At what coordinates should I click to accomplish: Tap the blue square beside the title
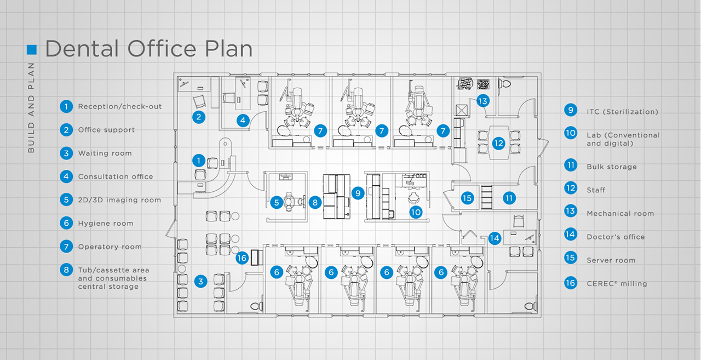tap(32, 49)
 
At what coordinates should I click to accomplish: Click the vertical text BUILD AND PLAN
tap(31, 107)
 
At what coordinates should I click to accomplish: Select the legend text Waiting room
tap(105, 153)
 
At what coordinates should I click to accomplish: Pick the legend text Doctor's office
tap(616, 237)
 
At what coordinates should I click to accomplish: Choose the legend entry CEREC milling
tap(617, 284)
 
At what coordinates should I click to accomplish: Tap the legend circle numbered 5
tap(66, 200)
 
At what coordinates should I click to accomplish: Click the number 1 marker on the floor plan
tap(199, 161)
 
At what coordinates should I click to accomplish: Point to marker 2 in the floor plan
tap(199, 116)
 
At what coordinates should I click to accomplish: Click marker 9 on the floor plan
tap(358, 193)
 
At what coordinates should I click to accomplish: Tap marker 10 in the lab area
tap(416, 212)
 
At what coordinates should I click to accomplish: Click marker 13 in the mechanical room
tap(482, 101)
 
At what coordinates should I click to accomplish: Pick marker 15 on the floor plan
tap(467, 198)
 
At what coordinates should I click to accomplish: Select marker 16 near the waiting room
tap(243, 258)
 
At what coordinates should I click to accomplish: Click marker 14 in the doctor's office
tap(495, 238)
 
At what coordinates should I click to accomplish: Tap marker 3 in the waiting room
tap(202, 282)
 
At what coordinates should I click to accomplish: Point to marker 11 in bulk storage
tap(510, 198)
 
